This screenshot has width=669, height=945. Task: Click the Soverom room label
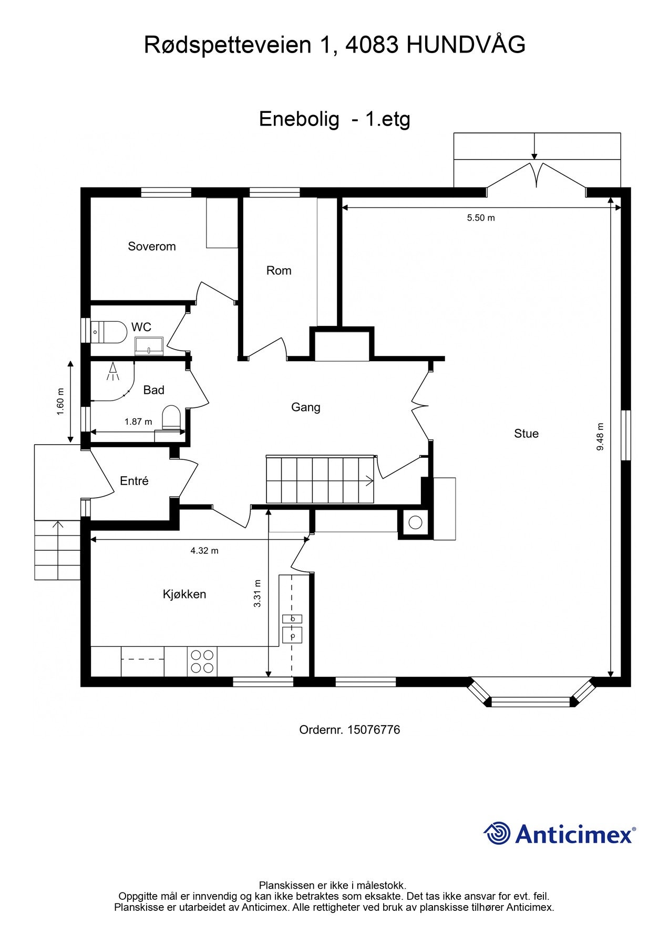tap(152, 246)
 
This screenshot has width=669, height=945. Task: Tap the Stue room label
tap(526, 433)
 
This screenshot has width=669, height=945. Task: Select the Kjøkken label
tap(184, 594)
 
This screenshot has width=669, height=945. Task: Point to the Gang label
tap(306, 407)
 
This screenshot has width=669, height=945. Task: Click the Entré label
tap(134, 481)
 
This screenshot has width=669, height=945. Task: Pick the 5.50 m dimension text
tap(481, 217)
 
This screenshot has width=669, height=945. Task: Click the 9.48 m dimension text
tap(600, 437)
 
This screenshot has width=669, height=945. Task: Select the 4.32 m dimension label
tap(204, 551)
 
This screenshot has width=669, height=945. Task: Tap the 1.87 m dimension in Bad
tap(138, 422)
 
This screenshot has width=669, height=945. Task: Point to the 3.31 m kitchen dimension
tap(258, 593)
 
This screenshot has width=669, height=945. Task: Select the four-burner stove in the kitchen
tap(202, 661)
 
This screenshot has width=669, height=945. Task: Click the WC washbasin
tap(150, 346)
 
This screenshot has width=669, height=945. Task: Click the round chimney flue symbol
tap(416, 522)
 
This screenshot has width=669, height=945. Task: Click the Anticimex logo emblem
tap(497, 833)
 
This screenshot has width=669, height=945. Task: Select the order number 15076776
tap(374, 730)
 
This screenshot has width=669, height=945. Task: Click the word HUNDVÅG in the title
tap(466, 45)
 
